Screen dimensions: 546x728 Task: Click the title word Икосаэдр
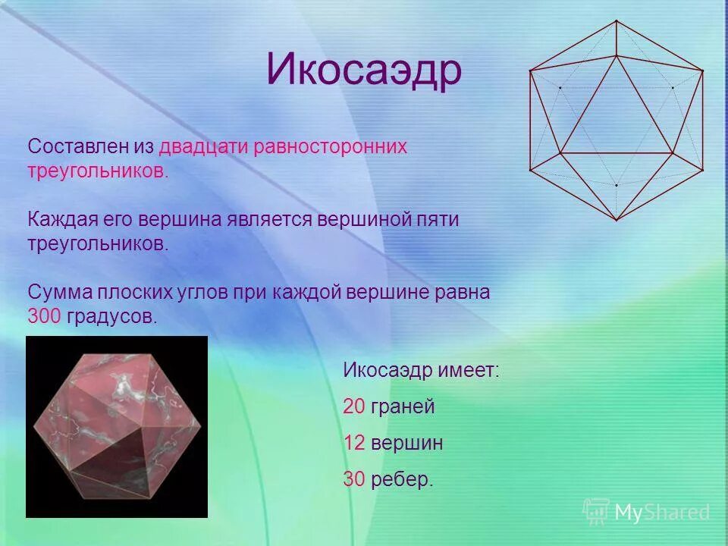point(363,71)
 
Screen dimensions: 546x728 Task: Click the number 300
point(44,316)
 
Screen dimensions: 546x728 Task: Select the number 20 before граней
point(354,406)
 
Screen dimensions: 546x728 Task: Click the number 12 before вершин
point(354,443)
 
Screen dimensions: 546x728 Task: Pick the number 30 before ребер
point(354,479)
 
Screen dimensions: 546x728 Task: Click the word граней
point(403,406)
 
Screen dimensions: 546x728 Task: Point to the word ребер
point(402,479)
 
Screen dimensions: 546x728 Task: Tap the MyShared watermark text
point(662,512)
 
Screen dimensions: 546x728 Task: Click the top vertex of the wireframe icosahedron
point(617,20)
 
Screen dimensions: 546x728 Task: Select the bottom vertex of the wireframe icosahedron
point(617,220)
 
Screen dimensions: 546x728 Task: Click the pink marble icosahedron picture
point(117,426)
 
